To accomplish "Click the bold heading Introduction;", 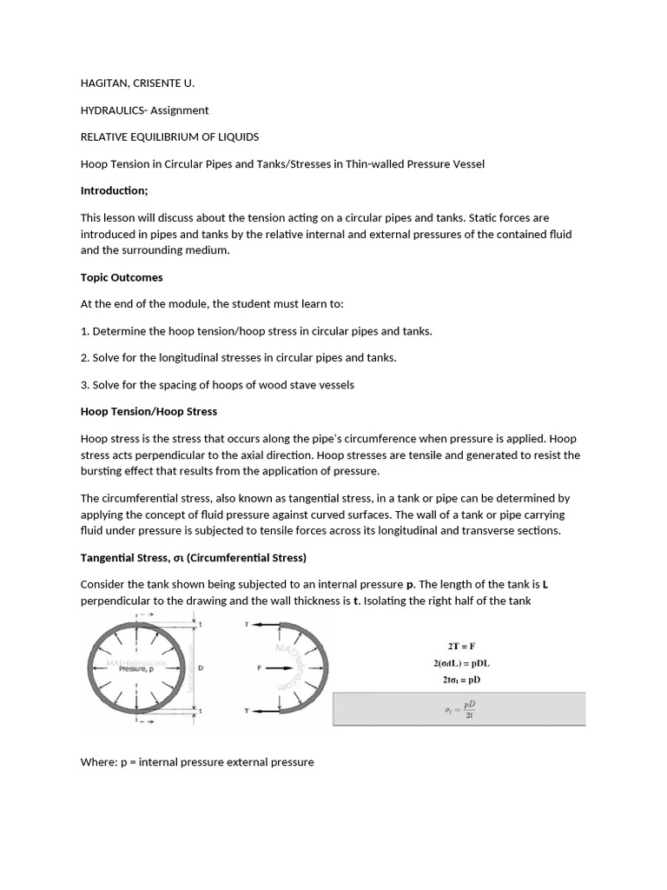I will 115,191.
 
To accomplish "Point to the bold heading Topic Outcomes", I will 122,277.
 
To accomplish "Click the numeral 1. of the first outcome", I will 85,331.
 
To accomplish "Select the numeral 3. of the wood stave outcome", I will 85,385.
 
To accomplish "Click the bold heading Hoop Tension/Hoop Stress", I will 149,411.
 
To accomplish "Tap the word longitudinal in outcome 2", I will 191,358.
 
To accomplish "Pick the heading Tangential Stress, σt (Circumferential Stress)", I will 193,557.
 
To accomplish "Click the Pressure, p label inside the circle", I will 135,669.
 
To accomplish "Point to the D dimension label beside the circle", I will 201,668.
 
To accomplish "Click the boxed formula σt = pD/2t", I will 459,709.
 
